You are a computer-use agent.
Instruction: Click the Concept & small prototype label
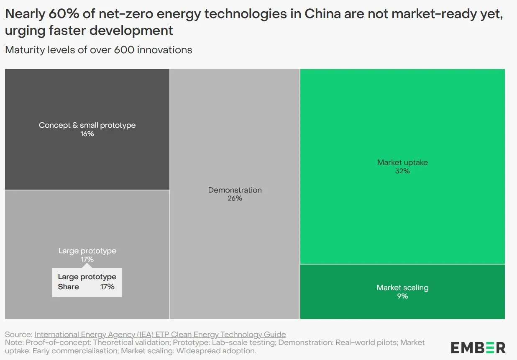(x=87, y=125)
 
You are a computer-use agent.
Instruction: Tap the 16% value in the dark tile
(x=87, y=134)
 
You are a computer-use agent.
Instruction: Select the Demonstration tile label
(x=235, y=190)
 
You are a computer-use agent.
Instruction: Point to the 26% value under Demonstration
(x=235, y=198)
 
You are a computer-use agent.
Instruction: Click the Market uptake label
(x=402, y=162)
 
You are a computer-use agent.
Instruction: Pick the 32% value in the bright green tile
(x=402, y=171)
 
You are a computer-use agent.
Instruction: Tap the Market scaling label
(x=402, y=288)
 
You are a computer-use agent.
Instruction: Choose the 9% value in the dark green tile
(x=402, y=296)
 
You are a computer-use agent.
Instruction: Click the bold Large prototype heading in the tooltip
(x=87, y=277)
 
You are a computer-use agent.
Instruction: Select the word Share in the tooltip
(x=68, y=287)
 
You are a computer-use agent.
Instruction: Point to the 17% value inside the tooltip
(x=107, y=287)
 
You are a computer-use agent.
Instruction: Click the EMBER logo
(x=478, y=347)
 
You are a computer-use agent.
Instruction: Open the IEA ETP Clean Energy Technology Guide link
(x=160, y=334)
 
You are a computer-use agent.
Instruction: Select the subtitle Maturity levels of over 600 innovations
(x=99, y=50)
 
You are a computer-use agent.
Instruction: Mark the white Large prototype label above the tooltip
(x=87, y=251)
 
